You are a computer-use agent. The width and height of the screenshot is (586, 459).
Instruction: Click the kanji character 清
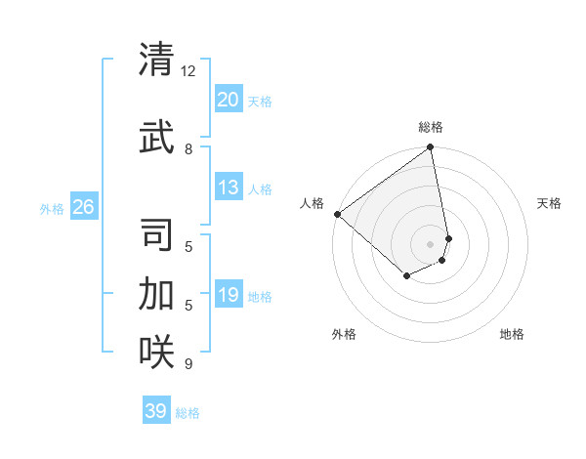(156, 61)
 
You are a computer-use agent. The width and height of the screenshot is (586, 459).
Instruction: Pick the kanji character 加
(156, 293)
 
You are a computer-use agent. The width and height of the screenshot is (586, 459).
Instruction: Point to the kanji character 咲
(156, 351)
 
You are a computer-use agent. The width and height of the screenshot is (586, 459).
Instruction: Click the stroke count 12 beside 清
(188, 71)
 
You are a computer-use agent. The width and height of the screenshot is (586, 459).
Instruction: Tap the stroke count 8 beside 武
(188, 148)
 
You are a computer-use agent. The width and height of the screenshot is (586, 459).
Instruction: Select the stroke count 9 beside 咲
(188, 364)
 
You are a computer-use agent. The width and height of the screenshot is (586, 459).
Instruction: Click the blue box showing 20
(228, 100)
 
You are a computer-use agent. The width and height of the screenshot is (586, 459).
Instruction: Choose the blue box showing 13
(228, 188)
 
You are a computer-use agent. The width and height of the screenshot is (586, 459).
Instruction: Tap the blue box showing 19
(228, 295)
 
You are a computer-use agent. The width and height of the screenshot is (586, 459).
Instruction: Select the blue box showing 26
(83, 207)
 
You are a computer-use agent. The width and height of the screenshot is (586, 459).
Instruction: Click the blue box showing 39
(155, 411)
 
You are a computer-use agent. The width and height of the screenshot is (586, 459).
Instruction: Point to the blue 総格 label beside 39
(188, 413)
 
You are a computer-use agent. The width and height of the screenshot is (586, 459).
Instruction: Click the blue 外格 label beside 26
(52, 208)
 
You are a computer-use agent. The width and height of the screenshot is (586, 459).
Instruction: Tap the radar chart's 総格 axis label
(431, 127)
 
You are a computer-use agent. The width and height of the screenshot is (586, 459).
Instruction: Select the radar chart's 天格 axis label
(549, 203)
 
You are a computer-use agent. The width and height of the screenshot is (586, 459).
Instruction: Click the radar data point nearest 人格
(336, 214)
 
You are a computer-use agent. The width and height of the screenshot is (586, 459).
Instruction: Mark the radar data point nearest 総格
(430, 148)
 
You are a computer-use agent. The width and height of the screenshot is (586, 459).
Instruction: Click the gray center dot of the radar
(430, 243)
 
